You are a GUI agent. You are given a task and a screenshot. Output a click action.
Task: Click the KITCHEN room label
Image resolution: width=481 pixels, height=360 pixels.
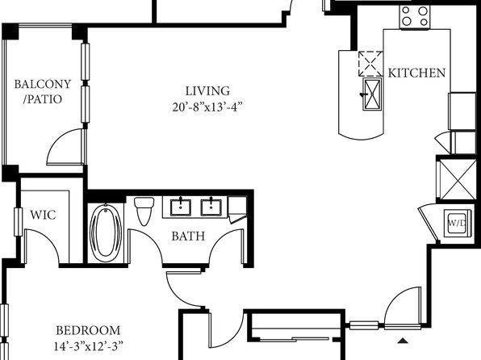click(416, 73)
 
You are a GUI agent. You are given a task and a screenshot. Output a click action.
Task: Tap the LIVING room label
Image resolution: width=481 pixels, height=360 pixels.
click(207, 91)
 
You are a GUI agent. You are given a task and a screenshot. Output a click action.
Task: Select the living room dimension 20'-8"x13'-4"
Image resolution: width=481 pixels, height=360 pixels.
click(207, 107)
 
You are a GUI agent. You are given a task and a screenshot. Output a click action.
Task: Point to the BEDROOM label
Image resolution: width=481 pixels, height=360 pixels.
click(88, 330)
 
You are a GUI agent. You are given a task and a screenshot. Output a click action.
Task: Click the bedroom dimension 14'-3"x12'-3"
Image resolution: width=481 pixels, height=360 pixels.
click(88, 346)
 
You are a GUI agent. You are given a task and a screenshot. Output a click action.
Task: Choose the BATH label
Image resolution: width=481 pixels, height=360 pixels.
click(188, 236)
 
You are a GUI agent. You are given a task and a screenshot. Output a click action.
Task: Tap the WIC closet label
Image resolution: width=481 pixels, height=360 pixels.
click(43, 215)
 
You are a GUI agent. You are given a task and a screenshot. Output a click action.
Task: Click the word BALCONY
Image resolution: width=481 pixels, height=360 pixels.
click(43, 84)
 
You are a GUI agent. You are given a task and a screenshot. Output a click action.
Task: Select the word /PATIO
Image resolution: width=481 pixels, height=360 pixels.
click(43, 99)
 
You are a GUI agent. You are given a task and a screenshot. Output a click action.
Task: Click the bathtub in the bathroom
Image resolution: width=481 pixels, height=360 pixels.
click(106, 233)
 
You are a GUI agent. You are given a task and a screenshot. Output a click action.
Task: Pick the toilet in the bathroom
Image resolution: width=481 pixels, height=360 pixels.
click(144, 211)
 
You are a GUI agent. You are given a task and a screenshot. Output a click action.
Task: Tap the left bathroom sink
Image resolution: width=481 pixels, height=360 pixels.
click(181, 207)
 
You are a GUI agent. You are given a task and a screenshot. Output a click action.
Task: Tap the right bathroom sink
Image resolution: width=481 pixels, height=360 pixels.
click(211, 207)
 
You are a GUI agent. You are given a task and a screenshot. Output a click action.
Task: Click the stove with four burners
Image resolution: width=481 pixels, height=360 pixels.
click(415, 17)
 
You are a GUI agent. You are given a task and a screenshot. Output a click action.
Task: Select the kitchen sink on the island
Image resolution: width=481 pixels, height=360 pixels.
click(372, 94)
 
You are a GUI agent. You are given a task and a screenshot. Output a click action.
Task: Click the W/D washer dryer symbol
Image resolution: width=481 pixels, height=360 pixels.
click(458, 223)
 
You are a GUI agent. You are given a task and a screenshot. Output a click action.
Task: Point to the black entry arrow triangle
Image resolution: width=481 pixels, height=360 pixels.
click(403, 341)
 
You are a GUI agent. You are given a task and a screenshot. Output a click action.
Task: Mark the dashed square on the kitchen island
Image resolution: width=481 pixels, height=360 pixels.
click(370, 64)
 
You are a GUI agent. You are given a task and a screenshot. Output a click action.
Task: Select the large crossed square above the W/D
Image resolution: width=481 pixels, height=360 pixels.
click(458, 179)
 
